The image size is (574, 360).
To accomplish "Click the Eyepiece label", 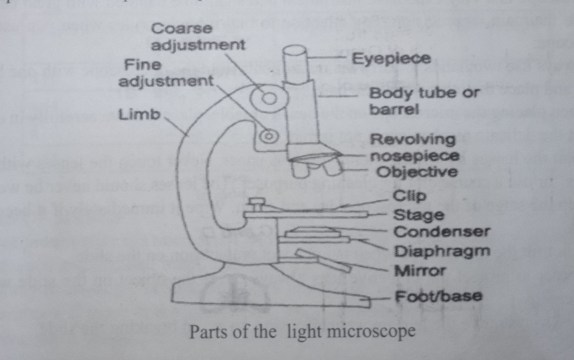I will coord(391,59).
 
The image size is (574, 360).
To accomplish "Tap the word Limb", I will coord(140,115).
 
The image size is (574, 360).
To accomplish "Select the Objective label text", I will coord(417,172).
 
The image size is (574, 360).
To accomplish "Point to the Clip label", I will coord(409,196).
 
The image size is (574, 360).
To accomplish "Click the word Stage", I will coord(418,215).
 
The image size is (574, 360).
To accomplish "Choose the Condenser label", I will coord(442,232).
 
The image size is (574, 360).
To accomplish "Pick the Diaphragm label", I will coord(442,251).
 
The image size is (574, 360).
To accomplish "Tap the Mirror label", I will coord(420,271).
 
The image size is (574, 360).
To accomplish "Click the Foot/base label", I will coord(438,296).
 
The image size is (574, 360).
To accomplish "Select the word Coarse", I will coord(181,29).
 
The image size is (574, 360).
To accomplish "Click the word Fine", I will coord(143,65).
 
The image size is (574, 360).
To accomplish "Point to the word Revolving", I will coord(412,140).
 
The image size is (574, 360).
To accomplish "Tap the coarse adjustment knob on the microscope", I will coord(269,98).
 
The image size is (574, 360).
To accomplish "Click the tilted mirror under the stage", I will coord(323,261).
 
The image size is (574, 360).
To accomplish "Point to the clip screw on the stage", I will coord(257,204).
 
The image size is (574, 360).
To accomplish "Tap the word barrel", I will coord(394,110).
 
